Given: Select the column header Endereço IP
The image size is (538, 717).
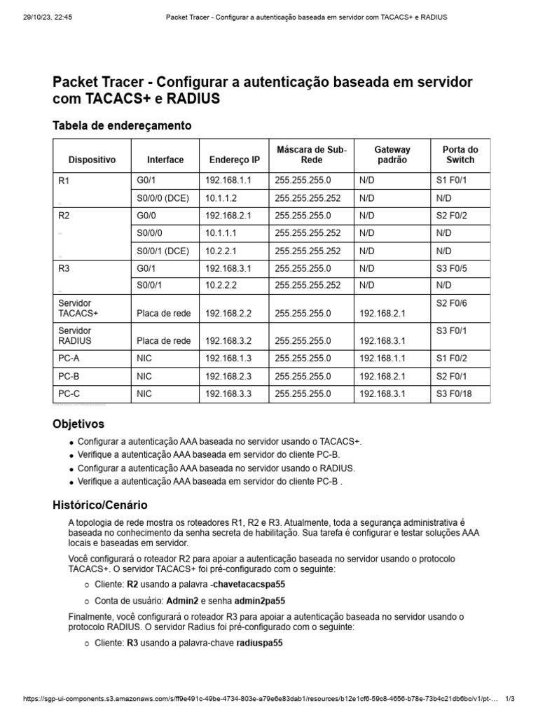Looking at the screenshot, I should pyautogui.click(x=234, y=160).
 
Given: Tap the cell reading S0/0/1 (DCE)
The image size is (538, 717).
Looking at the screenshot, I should pyautogui.click(x=163, y=250).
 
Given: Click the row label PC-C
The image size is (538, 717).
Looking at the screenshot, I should pyautogui.click(x=69, y=394).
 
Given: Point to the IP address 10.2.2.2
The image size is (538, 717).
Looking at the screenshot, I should pyautogui.click(x=223, y=285).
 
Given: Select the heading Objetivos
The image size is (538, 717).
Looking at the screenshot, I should pyautogui.click(x=78, y=424).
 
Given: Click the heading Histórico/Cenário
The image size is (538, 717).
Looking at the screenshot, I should pyautogui.click(x=100, y=505).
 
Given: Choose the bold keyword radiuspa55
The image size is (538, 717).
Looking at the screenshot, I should pyautogui.click(x=259, y=643).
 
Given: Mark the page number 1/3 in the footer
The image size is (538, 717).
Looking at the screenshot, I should pyautogui.click(x=509, y=699).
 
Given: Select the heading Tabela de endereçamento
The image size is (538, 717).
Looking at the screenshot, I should pyautogui.click(x=122, y=125).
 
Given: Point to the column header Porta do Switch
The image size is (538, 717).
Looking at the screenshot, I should pyautogui.click(x=460, y=155).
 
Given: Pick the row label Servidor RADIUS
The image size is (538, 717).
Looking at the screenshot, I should pyautogui.click(x=75, y=335).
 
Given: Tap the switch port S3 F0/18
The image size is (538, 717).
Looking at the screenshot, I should pyautogui.click(x=454, y=394).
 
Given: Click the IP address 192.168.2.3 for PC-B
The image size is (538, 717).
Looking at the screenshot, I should pyautogui.click(x=228, y=376).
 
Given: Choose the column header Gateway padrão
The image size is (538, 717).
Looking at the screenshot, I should pyautogui.click(x=392, y=155).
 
